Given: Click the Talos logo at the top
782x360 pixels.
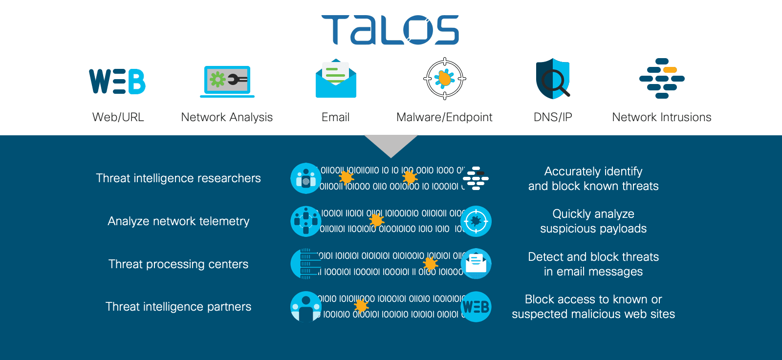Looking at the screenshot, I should [390, 30].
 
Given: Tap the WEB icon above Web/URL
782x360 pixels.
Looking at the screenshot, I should [117, 81].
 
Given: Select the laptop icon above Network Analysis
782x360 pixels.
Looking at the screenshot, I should [227, 81].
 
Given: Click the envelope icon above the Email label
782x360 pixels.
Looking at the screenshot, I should [336, 79].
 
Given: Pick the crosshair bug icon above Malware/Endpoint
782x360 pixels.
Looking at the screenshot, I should [444, 79].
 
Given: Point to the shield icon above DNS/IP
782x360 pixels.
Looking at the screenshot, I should [553, 79].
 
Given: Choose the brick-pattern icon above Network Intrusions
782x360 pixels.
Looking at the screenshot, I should [662, 79].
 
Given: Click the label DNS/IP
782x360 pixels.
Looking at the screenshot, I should [553, 117].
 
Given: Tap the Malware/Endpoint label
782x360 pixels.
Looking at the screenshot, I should [444, 117].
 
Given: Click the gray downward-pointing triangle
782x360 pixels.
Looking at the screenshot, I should [391, 144].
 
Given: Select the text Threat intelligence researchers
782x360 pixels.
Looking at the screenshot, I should [178, 178].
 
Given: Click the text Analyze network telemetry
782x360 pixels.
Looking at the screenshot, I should [178, 221].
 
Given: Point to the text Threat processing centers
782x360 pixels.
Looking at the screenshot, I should [178, 264].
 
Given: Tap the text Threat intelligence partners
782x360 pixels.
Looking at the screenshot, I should [178, 307].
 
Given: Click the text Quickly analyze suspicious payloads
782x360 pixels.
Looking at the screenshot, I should [593, 221].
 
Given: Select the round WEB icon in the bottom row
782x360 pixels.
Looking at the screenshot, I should [476, 307].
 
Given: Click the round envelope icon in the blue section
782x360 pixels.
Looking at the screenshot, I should [476, 264].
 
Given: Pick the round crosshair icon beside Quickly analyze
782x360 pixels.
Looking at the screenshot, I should [476, 221].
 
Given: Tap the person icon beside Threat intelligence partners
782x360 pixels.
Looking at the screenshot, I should [306, 307].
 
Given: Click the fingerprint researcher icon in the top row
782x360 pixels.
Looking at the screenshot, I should [306, 178].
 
